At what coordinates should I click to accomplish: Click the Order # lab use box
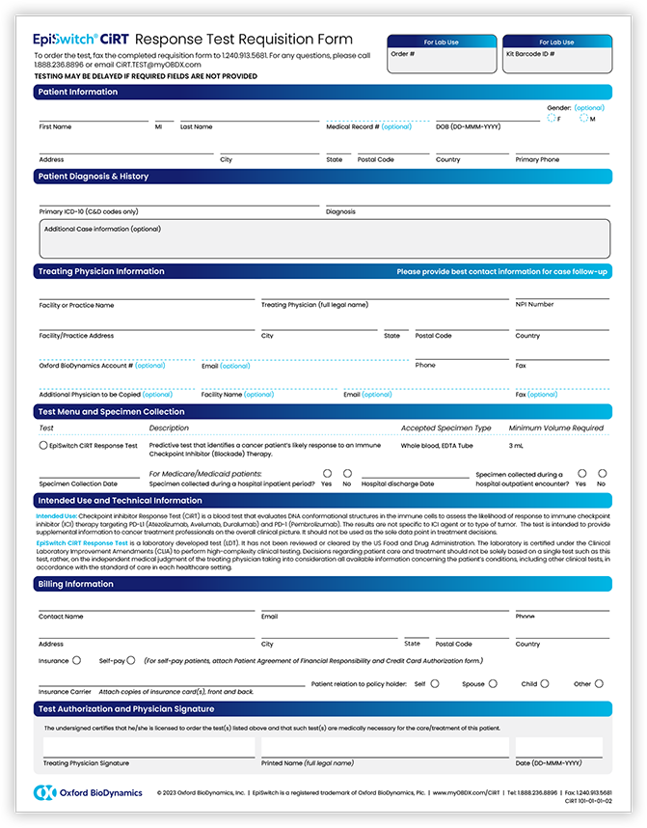pos(441,60)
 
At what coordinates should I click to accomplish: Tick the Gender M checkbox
pos(584,119)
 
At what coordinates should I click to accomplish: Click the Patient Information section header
pos(78,92)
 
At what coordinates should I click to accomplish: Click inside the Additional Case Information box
pos(324,239)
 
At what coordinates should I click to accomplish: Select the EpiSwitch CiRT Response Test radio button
pos(43,446)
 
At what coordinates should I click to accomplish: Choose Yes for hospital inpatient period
pos(327,474)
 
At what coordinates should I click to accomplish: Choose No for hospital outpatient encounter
pos(602,474)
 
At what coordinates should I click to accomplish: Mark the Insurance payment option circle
pos(76,661)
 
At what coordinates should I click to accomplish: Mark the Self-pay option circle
pos(131,661)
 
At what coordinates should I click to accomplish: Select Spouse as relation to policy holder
pos(493,683)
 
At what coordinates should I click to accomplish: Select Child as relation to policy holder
pos(545,683)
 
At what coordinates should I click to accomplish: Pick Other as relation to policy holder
pos(599,683)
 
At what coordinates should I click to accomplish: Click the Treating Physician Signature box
pos(148,747)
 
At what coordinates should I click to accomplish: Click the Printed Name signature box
pos(383,747)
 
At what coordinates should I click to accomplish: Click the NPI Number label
pos(534,305)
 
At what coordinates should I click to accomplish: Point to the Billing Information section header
pos(76,584)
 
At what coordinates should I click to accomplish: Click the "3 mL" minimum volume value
pos(516,446)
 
